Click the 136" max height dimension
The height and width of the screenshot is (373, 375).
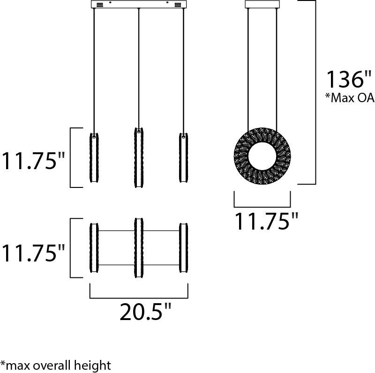(x=349, y=80)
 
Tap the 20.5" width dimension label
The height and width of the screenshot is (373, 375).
(x=146, y=312)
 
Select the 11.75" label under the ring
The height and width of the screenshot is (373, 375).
(x=267, y=221)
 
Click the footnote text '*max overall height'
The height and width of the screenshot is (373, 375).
(x=56, y=366)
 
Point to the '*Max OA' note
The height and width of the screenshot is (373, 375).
(x=350, y=98)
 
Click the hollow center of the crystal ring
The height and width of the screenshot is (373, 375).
(x=262, y=156)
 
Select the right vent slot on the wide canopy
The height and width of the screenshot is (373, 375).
(x=178, y=5)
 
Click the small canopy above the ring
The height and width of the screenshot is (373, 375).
(x=262, y=4)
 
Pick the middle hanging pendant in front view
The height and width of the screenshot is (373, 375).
(x=139, y=157)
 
